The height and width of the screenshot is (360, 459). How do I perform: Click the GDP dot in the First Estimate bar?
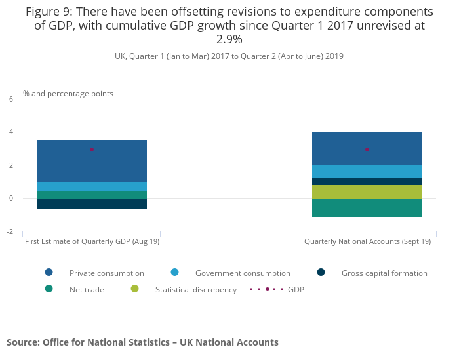[92, 150]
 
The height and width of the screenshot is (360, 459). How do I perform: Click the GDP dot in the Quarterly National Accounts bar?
[367, 150]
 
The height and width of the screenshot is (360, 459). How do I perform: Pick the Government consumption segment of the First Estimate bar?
[92, 186]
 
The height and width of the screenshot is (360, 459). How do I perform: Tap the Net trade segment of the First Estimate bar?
[92, 195]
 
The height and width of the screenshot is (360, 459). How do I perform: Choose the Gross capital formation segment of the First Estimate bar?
[92, 204]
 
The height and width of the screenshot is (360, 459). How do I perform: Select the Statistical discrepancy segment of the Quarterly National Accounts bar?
[367, 191]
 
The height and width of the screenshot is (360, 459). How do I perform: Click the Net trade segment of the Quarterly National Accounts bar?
[367, 208]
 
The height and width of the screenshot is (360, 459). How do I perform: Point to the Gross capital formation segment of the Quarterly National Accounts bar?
[367, 181]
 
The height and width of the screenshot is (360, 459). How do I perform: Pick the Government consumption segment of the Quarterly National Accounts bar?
[367, 171]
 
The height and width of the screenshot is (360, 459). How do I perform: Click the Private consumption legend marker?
[49, 273]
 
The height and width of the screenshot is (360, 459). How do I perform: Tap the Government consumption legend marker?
[175, 273]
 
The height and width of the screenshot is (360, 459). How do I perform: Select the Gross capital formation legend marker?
[321, 273]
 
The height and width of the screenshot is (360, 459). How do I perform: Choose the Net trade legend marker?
[49, 289]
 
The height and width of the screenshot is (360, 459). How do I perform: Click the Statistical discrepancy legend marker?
[135, 289]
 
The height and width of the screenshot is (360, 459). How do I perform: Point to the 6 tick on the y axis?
[10, 99]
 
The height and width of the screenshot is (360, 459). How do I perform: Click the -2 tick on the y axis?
[10, 231]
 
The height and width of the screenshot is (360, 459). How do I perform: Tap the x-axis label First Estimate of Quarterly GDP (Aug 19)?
[92, 241]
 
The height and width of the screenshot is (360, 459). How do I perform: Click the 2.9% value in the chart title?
[229, 39]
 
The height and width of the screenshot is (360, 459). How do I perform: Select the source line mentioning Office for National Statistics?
[142, 342]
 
